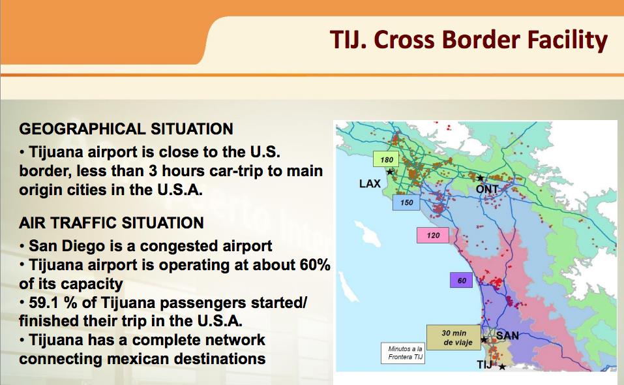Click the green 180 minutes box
(385, 159)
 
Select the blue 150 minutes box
(406, 202)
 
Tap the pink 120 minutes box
(432, 236)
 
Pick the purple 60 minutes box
(461, 281)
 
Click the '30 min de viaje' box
(454, 337)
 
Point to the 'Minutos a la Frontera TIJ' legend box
(403, 353)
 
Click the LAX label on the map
(370, 183)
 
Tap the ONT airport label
(486, 189)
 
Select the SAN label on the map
(507, 335)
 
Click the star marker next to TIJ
(502, 367)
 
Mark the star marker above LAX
(390, 172)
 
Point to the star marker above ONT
(481, 177)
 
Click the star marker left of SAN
(484, 339)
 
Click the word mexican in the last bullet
(138, 359)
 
